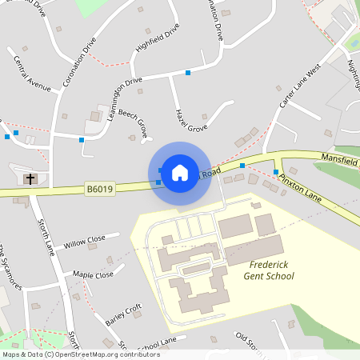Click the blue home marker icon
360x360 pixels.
tap(180, 172)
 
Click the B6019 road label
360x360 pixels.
tap(101, 190)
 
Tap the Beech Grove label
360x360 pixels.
tap(134, 122)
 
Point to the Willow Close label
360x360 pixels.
tap(85, 241)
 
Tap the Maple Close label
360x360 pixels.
tap(94, 275)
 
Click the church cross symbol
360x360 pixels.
tap(30, 178)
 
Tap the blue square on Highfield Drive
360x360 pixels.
tap(188, 73)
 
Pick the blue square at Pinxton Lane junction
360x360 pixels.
tap(276, 172)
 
